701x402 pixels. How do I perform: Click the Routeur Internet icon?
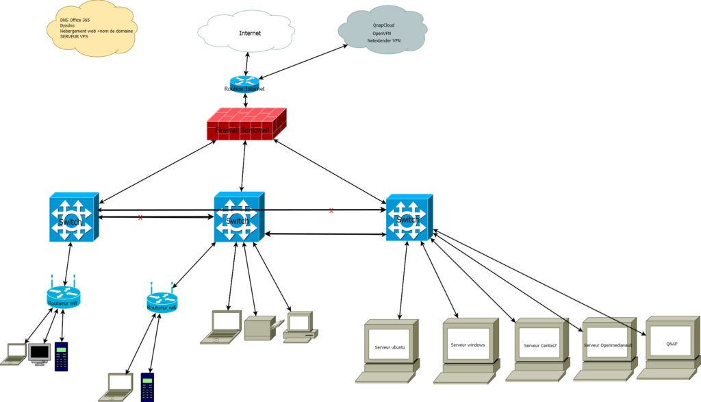pos(244,84)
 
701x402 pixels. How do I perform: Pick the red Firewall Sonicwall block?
pos(246,125)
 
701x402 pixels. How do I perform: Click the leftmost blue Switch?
pos(74,217)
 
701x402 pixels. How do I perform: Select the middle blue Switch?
pos(239,216)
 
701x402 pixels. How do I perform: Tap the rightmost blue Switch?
pos(409,217)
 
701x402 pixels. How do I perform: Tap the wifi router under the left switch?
pos(64,296)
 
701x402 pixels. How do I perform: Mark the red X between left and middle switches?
pos(140,217)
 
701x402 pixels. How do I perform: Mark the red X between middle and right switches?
pos(331,210)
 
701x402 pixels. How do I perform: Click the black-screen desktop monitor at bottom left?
pos(40,353)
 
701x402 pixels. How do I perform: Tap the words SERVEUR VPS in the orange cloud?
pos(75,36)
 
